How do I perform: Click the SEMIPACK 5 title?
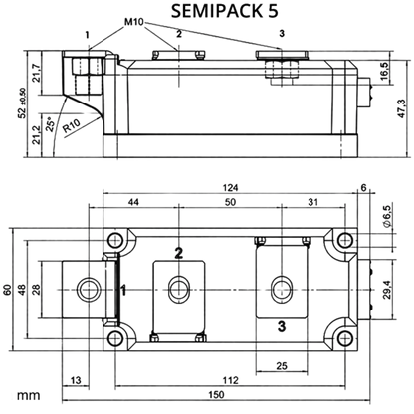(x=225, y=11)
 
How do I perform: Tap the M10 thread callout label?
(x=134, y=22)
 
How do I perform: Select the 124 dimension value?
(x=230, y=188)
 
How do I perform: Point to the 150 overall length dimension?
(x=216, y=395)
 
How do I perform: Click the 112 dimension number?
(x=230, y=380)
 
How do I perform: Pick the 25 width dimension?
(x=282, y=366)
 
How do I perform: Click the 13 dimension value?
(x=76, y=380)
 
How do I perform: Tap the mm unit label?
(x=29, y=395)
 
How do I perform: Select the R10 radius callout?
(x=72, y=125)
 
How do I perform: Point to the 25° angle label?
(x=50, y=124)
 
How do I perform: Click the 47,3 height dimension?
(x=401, y=108)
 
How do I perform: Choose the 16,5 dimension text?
(x=384, y=71)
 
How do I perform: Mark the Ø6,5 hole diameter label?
(x=387, y=216)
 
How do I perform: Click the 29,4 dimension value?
(x=387, y=290)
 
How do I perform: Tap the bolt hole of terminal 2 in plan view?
(x=179, y=289)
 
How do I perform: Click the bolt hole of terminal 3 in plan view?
(x=282, y=289)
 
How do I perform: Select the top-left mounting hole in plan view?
(x=115, y=240)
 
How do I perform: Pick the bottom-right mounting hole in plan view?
(x=345, y=338)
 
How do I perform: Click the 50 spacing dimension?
(x=230, y=202)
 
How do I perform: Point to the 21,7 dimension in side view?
(x=36, y=73)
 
